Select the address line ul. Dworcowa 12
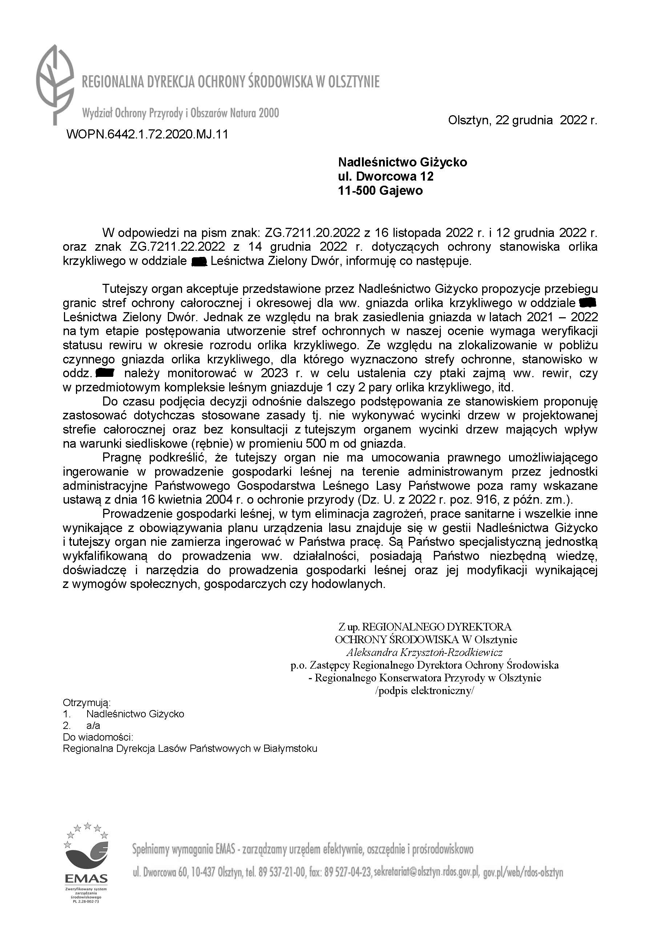[386, 176]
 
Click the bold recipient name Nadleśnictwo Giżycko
[402, 162]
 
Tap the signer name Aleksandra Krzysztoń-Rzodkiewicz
[424, 652]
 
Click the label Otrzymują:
[87, 702]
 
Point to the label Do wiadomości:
[98, 737]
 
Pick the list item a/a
[93, 726]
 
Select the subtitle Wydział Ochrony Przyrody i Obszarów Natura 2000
[180, 113]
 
